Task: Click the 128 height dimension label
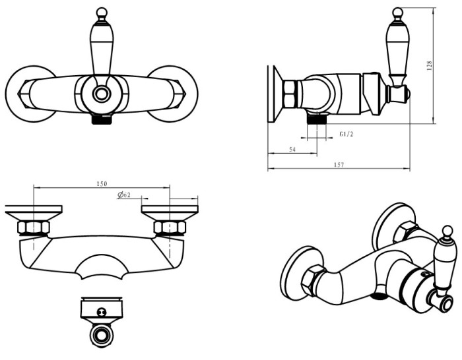coord(430,66)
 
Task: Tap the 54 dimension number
coord(292,150)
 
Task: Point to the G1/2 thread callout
coord(348,135)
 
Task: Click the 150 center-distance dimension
coord(102,183)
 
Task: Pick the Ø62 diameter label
coord(124,195)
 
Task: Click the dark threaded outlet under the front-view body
coord(101,120)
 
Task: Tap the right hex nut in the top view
coord(170,228)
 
